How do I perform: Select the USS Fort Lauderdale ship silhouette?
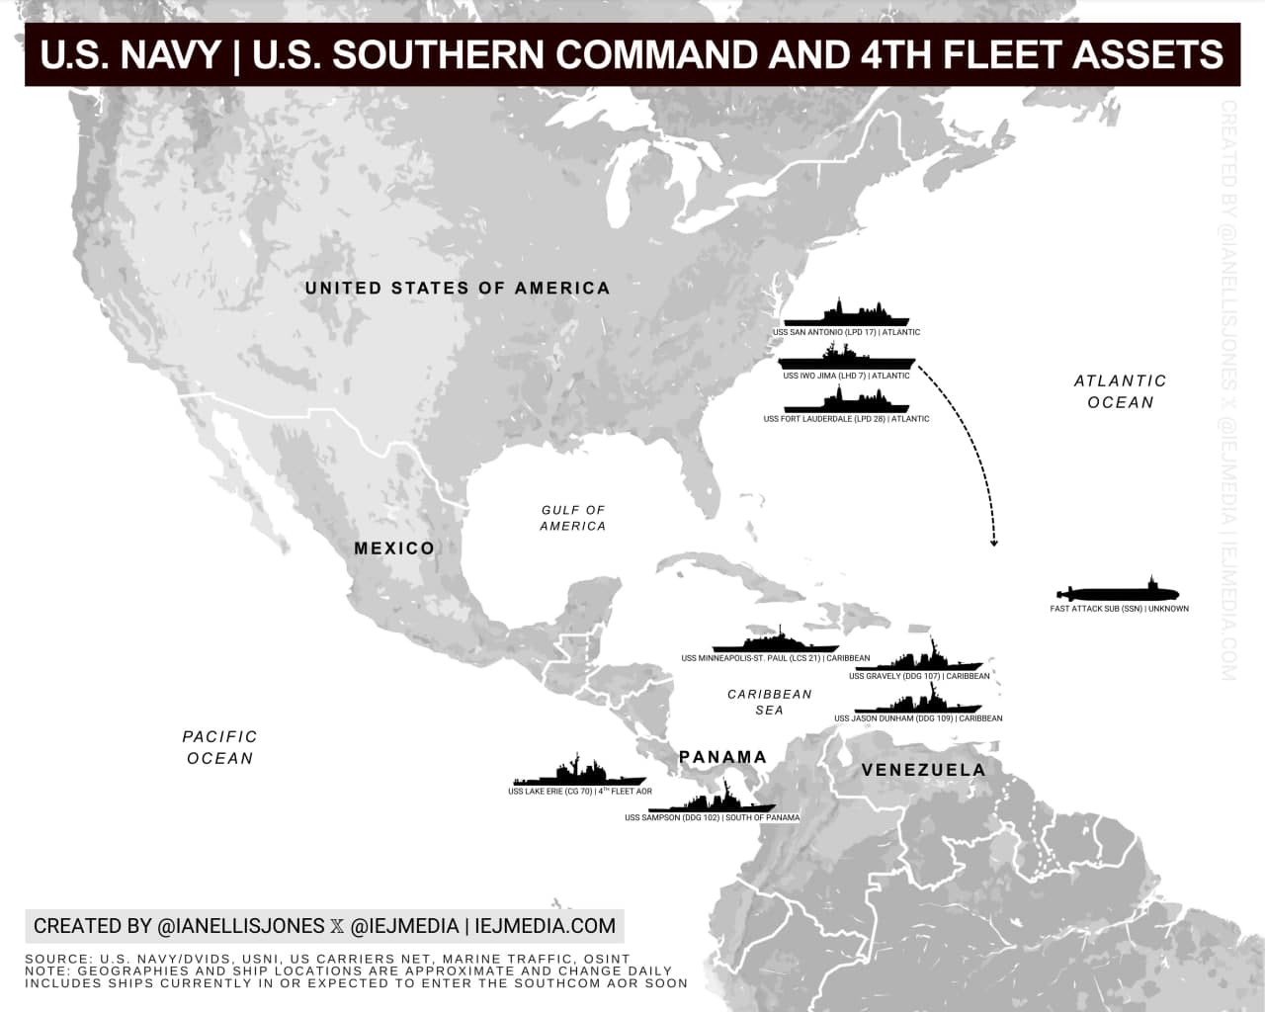pos(846,402)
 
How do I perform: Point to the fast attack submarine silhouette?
pos(1119,593)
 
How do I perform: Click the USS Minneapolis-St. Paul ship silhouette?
pos(775,641)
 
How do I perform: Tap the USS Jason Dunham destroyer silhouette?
pos(918,703)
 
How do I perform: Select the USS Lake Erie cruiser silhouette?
pos(578,774)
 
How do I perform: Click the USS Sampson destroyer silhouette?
pos(712,801)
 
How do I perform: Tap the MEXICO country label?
pos(394,548)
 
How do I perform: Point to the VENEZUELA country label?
pos(923,770)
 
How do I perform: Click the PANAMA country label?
pos(722,757)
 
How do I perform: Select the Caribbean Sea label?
pos(769,702)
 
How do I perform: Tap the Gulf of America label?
pos(573,518)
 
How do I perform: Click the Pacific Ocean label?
pos(219,747)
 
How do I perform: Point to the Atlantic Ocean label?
pos(1120,391)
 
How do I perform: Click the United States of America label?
pos(458,288)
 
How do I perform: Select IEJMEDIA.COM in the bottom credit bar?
pos(545,926)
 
